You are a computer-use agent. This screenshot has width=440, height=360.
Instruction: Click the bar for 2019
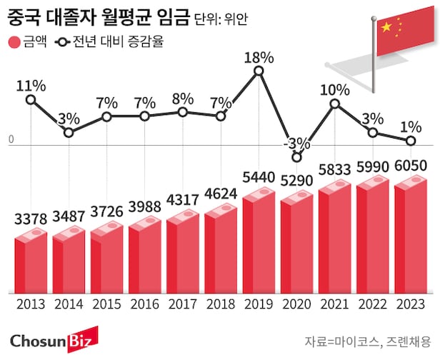coord(259,243)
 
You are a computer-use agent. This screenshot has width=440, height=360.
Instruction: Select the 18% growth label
coord(259,56)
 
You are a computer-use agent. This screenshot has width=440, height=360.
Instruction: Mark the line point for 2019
coord(259,71)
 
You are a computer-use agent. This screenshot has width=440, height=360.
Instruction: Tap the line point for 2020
coord(296,157)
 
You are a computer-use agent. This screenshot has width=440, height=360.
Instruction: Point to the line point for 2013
coord(30,99)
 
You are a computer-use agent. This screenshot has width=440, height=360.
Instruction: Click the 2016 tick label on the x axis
coord(144,304)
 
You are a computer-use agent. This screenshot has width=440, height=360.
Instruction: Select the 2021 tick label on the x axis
coord(334,304)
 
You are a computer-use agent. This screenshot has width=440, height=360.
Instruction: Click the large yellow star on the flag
coord(386,27)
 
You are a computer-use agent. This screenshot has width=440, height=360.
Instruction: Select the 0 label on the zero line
coord(11,141)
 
